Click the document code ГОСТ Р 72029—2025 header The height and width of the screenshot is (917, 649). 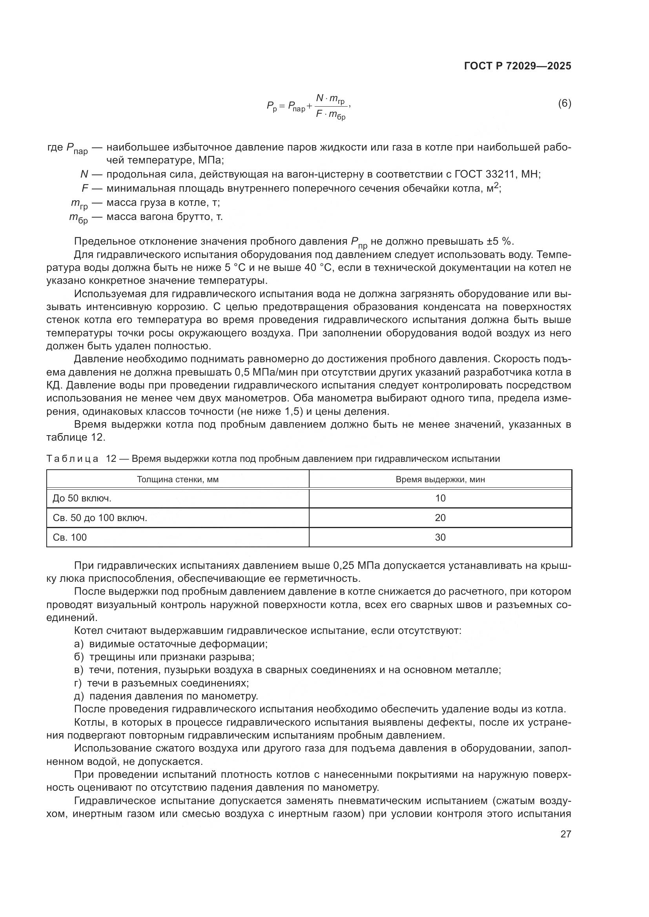(x=518, y=66)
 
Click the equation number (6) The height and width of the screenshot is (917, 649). (x=564, y=104)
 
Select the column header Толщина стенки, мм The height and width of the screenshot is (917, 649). (x=178, y=479)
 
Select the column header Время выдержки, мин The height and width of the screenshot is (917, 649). (x=440, y=479)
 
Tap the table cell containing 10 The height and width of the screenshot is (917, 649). (x=440, y=498)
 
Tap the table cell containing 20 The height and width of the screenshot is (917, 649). (x=440, y=518)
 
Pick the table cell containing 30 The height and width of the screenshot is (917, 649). (x=440, y=537)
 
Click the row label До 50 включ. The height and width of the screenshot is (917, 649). (x=82, y=498)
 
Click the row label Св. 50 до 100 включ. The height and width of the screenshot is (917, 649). (x=100, y=518)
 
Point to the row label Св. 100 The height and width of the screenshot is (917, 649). (x=69, y=537)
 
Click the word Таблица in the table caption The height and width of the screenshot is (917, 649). (x=72, y=459)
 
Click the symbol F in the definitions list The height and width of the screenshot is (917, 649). (x=85, y=188)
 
